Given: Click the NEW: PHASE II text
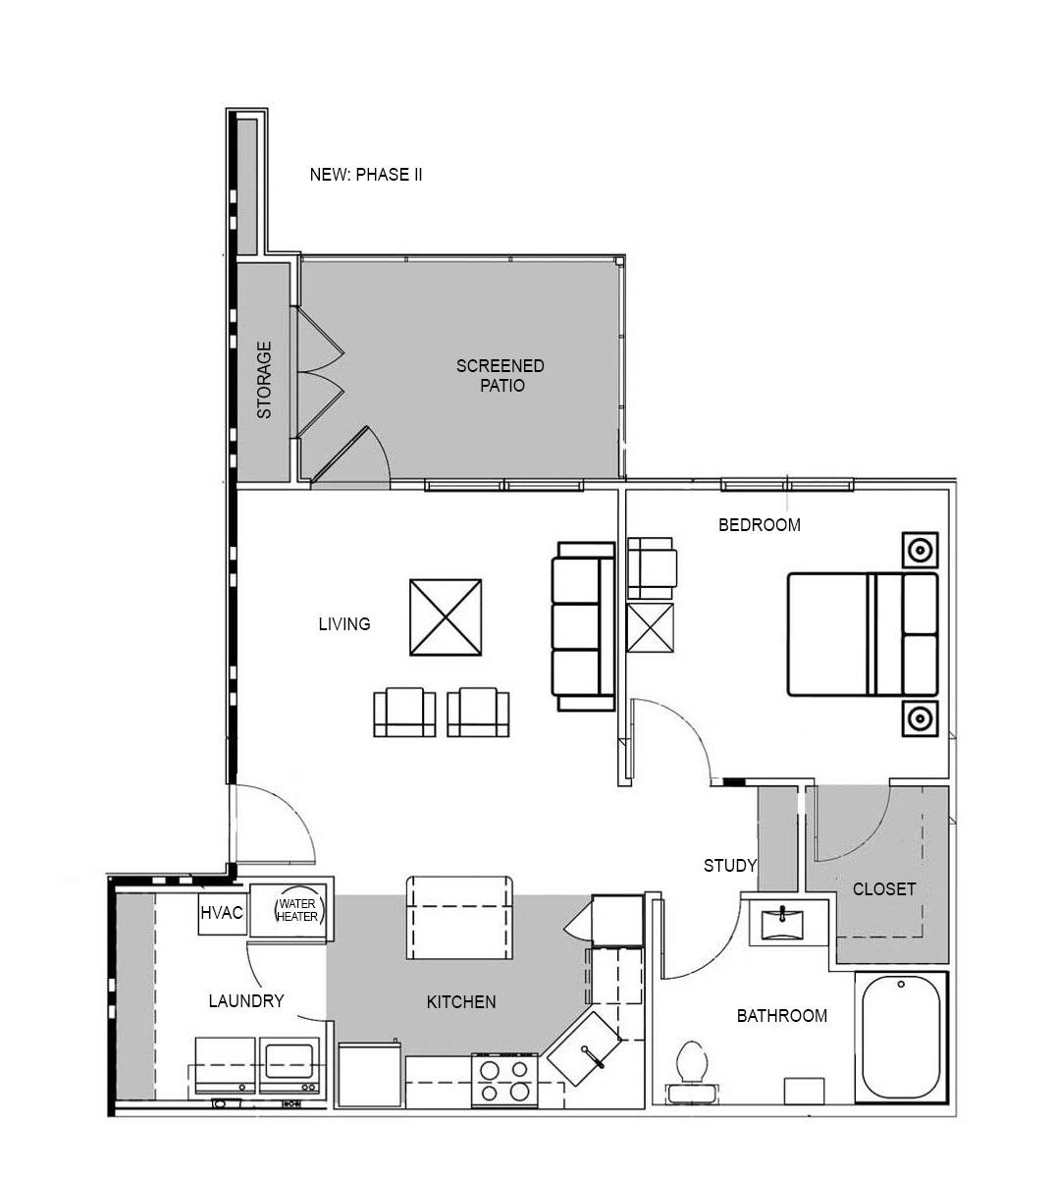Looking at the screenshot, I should point(366,175).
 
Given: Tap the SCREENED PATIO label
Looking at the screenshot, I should point(500,376).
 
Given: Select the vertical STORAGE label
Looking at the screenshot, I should point(264,380).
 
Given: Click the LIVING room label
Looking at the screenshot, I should point(343,623).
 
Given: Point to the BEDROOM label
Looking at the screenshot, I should point(759,524).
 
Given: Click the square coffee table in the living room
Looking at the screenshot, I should point(447,616).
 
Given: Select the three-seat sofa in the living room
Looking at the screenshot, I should point(583,626).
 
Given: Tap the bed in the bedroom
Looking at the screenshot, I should point(861,634).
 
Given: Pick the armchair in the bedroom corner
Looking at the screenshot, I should point(651,566).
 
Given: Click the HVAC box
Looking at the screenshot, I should point(222,913).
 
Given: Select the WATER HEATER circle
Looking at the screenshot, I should point(296,910).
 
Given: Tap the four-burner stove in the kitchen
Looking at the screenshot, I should point(504,1080).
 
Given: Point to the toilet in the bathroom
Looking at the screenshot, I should point(693,1063).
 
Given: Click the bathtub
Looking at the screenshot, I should point(900,1040).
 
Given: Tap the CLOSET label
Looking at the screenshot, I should point(883,888).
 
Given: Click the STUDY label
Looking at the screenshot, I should point(730,865).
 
